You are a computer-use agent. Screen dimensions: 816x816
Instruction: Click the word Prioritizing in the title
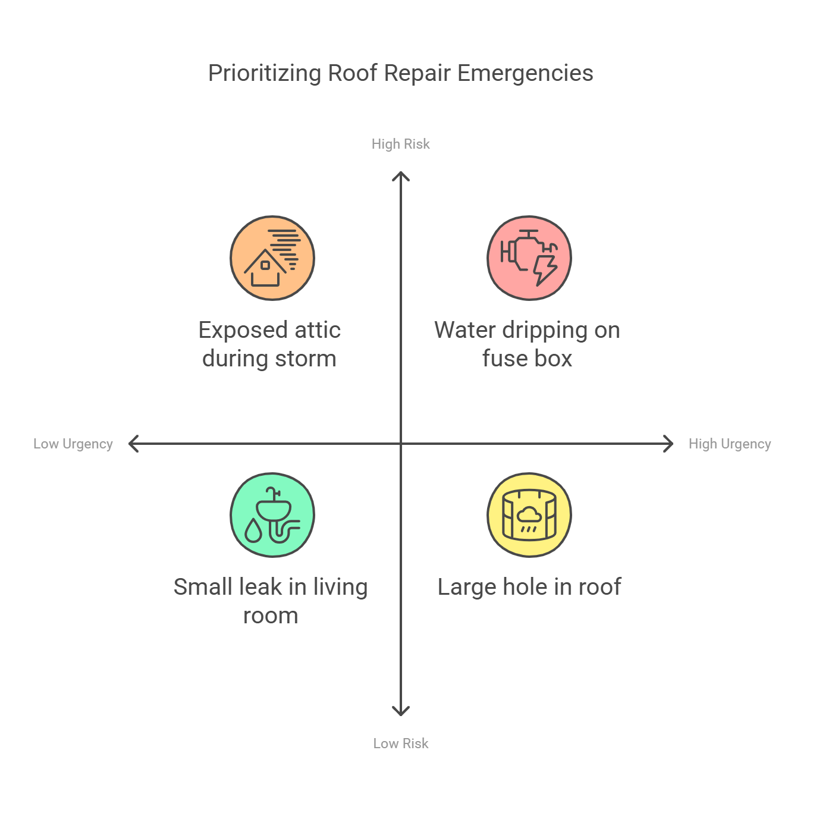[x=265, y=74]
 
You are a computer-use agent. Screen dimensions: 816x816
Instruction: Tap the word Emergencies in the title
[x=525, y=74]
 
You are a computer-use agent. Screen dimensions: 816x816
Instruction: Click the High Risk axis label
[x=400, y=144]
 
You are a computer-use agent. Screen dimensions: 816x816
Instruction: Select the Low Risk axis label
[x=400, y=743]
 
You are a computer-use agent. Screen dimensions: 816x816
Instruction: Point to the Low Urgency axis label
[x=73, y=444]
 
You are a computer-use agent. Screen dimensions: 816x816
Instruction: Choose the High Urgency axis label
[x=729, y=444]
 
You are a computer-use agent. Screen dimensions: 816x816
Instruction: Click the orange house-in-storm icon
[x=272, y=258]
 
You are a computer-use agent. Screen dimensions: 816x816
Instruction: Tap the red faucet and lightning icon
[x=529, y=258]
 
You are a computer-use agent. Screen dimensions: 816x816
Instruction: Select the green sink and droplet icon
[x=272, y=515]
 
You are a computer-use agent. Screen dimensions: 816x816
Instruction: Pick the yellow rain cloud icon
[x=529, y=515]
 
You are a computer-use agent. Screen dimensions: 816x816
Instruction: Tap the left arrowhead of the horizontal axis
[x=133, y=444]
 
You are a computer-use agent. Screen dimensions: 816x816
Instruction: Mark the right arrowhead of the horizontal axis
[x=670, y=444]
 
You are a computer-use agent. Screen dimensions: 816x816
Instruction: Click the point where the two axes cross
[x=401, y=444]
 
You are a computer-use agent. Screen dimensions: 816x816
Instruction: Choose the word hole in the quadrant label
[x=525, y=587]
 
